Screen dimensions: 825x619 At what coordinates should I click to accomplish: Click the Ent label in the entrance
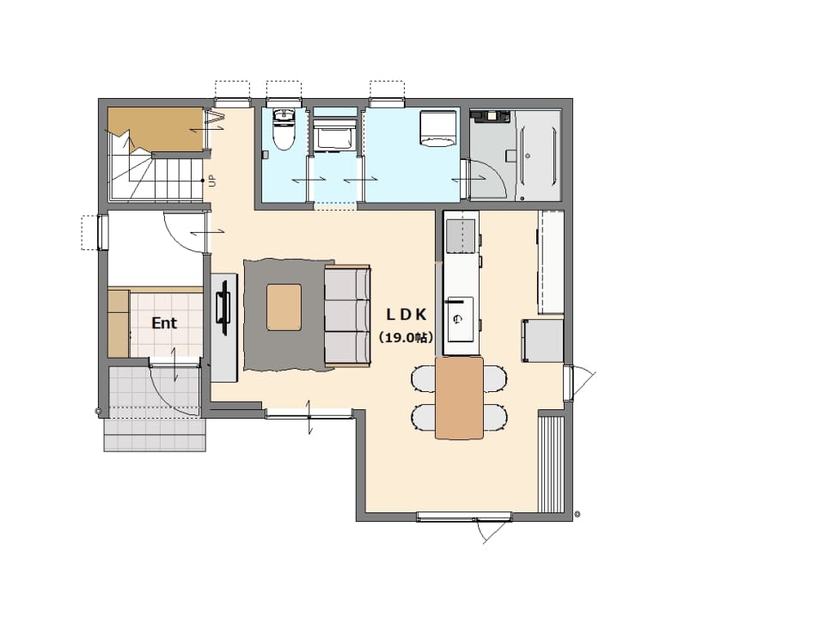(x=164, y=322)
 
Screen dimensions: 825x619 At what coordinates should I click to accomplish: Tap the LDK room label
(x=406, y=315)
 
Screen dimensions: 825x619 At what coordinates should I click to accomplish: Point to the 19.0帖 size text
(x=406, y=338)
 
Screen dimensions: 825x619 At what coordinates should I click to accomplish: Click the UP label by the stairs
(x=212, y=181)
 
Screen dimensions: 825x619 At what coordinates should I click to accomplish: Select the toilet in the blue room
(x=284, y=129)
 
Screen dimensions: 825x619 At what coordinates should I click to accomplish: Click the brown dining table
(x=459, y=398)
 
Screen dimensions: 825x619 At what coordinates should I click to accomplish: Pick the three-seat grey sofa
(x=348, y=316)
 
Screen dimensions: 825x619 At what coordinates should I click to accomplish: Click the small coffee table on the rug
(x=284, y=308)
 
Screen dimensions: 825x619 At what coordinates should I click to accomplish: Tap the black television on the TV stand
(x=224, y=308)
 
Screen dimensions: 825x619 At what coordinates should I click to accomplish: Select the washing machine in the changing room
(x=438, y=128)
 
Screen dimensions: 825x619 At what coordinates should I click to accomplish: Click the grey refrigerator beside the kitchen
(x=542, y=340)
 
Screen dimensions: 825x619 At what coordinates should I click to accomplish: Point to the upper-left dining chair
(x=424, y=379)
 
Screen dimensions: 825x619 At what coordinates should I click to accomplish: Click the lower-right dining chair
(x=495, y=418)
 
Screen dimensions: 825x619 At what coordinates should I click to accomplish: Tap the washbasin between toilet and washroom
(x=335, y=134)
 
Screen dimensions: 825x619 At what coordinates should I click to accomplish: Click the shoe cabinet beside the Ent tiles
(x=119, y=322)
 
